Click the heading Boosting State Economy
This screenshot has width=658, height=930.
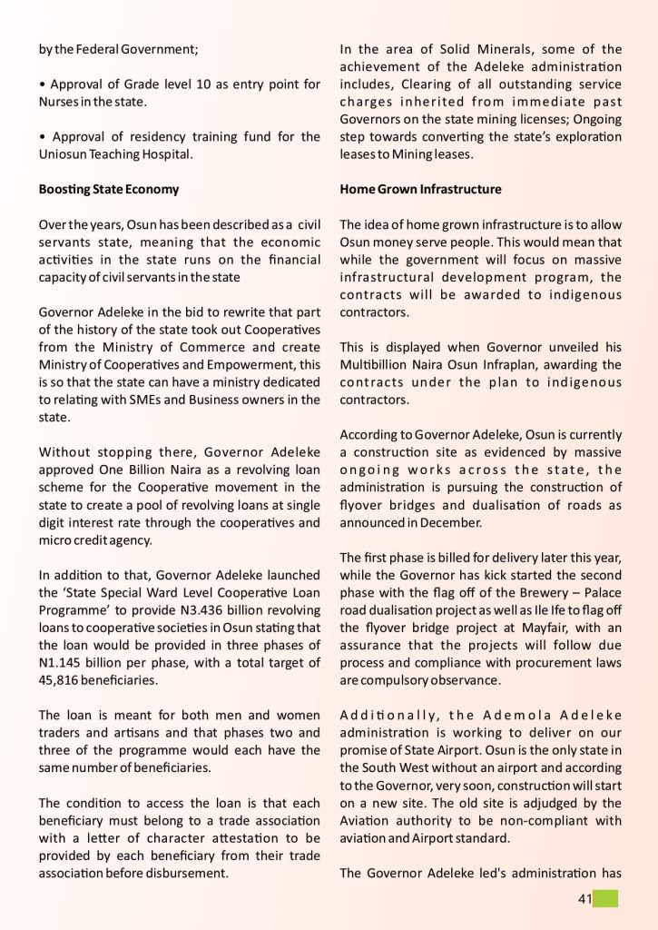coord(109,190)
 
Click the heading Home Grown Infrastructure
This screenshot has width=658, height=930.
coord(420,190)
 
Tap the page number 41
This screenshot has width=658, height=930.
coord(584,899)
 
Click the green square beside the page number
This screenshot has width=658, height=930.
coord(606,899)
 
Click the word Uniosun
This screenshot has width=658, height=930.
coord(64,154)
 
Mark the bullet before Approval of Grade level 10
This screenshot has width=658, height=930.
coord(42,84)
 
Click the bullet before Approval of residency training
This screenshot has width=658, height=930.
coord(42,137)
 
